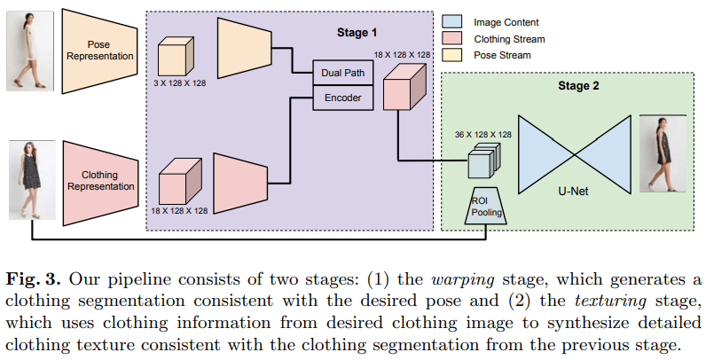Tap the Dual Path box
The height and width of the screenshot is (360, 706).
click(342, 74)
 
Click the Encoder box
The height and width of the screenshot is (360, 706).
click(342, 98)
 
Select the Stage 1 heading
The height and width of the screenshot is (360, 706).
click(357, 33)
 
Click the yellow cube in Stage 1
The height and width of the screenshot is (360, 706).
click(175, 58)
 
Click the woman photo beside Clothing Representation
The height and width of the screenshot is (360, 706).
click(26, 183)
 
